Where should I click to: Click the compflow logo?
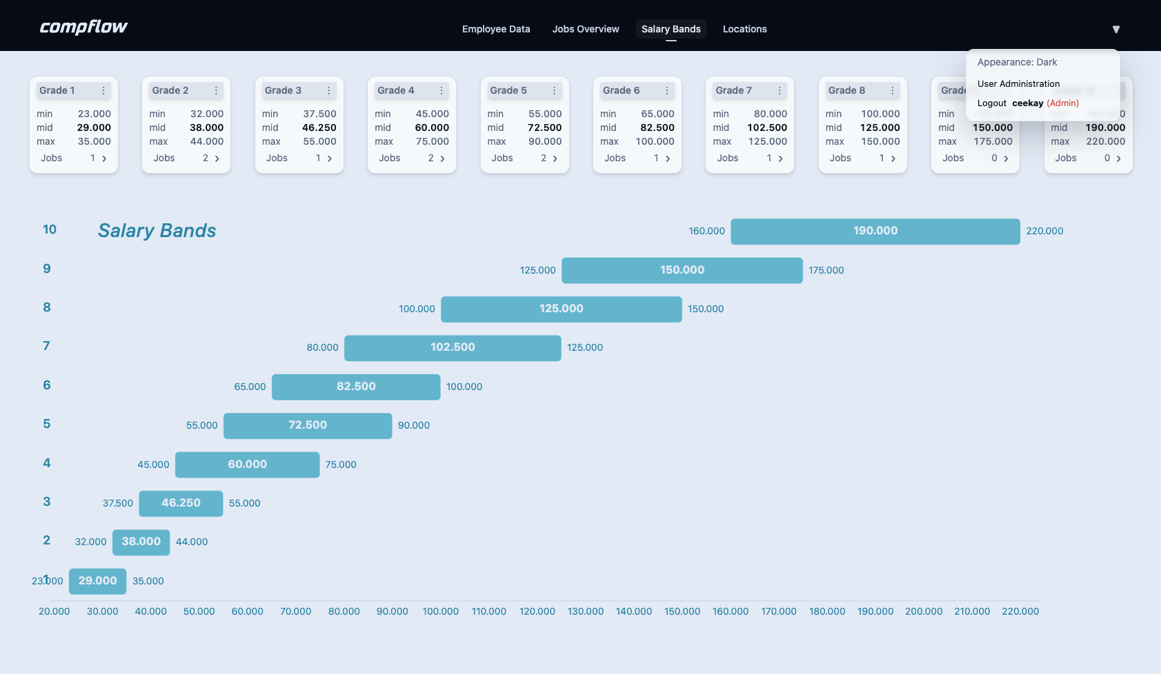[x=83, y=28]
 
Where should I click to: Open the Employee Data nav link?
[x=496, y=29]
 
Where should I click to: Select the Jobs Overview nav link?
[x=586, y=29]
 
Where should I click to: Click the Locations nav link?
[x=744, y=29]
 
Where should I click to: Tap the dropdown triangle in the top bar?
[x=1115, y=29]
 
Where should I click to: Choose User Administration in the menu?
[x=1018, y=83]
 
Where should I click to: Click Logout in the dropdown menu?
[x=992, y=103]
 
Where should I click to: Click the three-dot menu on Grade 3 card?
[x=329, y=90]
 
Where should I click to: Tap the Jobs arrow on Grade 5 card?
[x=555, y=159]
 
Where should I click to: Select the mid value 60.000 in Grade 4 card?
[x=432, y=127]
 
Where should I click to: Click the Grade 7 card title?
[x=733, y=90]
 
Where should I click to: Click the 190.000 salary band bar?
[x=875, y=231]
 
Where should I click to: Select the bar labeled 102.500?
[x=453, y=347]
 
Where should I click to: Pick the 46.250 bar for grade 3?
[x=181, y=503]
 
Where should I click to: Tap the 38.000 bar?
[x=141, y=542]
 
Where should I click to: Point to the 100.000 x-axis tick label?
[x=440, y=611]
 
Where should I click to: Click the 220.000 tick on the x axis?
[x=1020, y=611]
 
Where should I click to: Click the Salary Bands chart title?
[x=157, y=230]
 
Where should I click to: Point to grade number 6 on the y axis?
[x=47, y=385]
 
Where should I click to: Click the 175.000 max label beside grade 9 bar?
[x=826, y=270]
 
